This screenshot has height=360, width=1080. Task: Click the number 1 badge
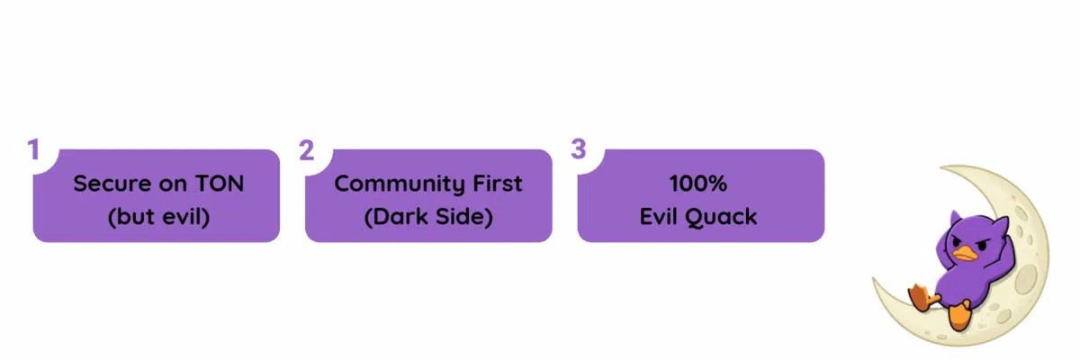[34, 149]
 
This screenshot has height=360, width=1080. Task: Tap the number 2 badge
[306, 149]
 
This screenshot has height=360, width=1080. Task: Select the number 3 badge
[579, 149]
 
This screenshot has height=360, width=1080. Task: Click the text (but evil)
[157, 217]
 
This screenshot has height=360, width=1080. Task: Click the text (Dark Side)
[428, 217]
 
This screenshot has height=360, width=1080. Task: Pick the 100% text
[698, 184]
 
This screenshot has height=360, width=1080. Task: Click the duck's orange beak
[966, 252]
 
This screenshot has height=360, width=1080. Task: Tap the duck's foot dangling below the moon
[958, 315]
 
